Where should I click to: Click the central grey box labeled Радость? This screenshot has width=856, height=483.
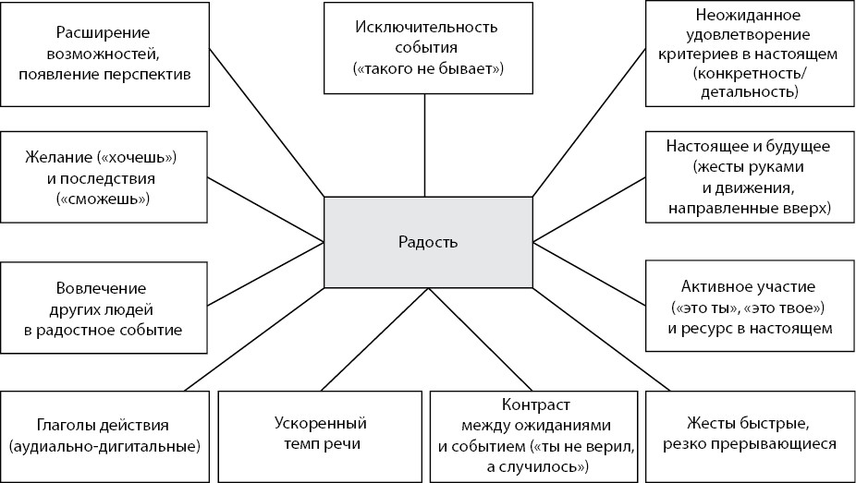[x=427, y=243]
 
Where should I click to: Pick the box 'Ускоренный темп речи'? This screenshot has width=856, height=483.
[x=321, y=434]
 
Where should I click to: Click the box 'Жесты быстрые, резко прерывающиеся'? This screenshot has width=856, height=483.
[x=749, y=434]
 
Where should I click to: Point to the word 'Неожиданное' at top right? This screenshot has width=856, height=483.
[x=750, y=16]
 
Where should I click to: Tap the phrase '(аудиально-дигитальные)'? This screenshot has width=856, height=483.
[x=104, y=447]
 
